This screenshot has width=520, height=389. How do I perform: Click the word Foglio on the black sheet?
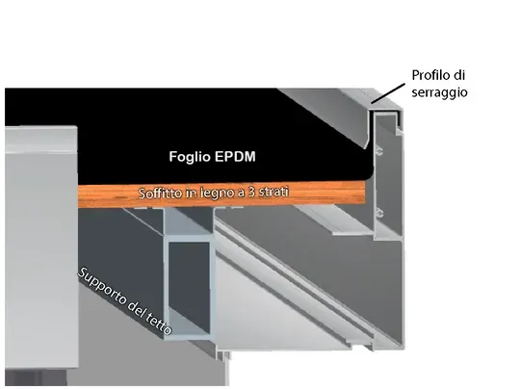point(190,157)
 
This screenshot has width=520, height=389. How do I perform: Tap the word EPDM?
point(235,157)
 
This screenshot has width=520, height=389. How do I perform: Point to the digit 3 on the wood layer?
point(251,192)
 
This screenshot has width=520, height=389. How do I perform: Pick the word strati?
point(273,192)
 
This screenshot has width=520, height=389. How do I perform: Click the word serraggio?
point(439,92)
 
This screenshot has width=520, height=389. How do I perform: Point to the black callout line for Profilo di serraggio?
point(388,93)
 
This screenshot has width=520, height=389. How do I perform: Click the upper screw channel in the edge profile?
point(378,152)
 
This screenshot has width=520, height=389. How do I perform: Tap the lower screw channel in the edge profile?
point(378,213)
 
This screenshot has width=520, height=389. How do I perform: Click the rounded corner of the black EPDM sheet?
point(369,175)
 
